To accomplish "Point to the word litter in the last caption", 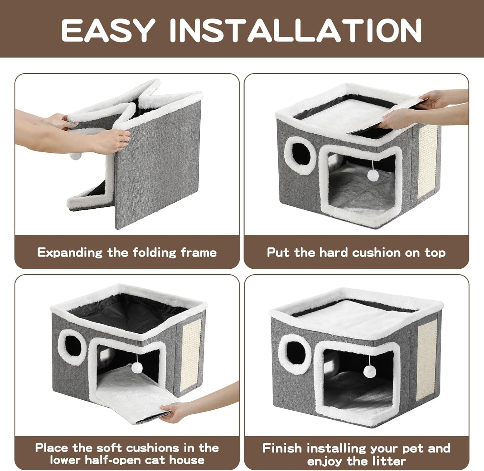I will pos(388,461).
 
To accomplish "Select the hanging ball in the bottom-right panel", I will pos(368,371).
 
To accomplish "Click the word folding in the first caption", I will pos(155,252).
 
